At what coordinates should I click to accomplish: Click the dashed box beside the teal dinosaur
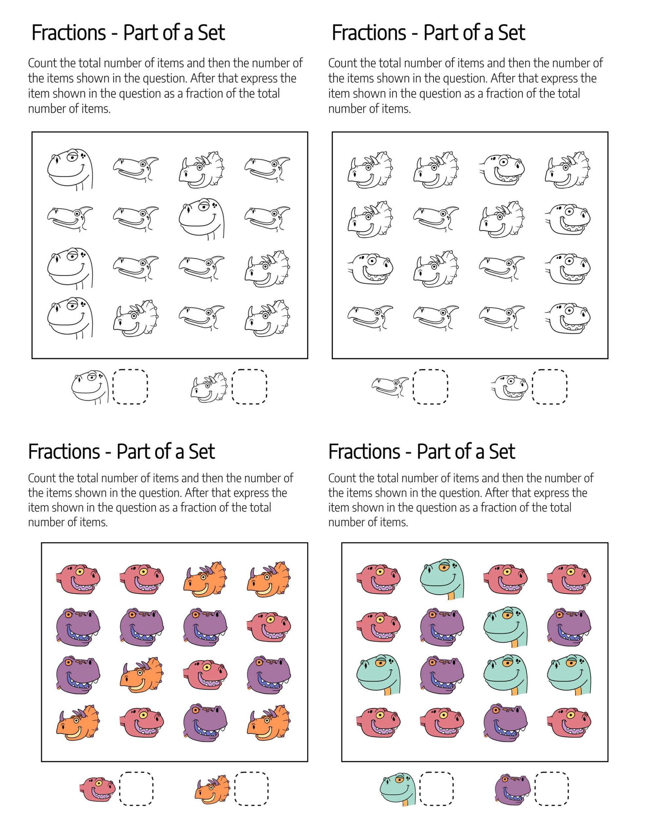[x=436, y=789]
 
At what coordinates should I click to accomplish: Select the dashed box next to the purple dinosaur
[x=552, y=789]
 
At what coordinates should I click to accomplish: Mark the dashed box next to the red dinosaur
[x=136, y=789]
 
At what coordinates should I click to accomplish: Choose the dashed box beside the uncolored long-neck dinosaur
[x=130, y=387]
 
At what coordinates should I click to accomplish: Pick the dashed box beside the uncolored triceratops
[x=249, y=387]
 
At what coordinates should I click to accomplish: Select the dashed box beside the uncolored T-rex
[x=550, y=387]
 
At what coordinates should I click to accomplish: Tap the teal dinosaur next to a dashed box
[x=398, y=788]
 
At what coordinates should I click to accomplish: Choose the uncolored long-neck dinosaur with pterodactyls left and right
[x=202, y=219]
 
